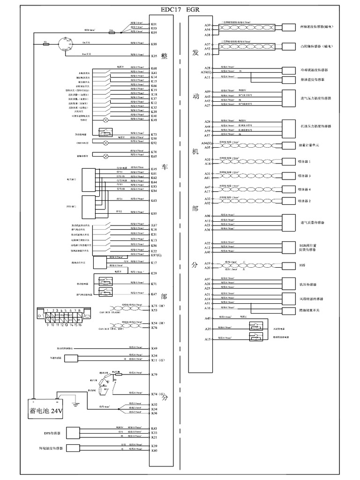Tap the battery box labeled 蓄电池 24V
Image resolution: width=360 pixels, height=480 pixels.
tap(47, 411)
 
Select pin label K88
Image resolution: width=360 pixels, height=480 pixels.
tap(154, 44)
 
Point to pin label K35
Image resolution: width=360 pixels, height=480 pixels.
tap(154, 56)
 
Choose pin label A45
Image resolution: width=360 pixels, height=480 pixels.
tap(208, 319)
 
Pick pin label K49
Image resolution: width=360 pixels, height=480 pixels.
tap(154, 348)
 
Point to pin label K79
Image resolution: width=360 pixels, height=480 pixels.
tap(154, 375)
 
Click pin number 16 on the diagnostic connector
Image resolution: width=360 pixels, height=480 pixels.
tap(80, 324)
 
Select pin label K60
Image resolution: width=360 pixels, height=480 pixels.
tap(154, 450)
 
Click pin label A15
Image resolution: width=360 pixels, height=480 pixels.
tap(208, 339)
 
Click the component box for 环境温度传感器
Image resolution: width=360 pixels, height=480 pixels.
tap(72, 448)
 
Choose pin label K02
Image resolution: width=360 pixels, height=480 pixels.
tap(154, 404)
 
